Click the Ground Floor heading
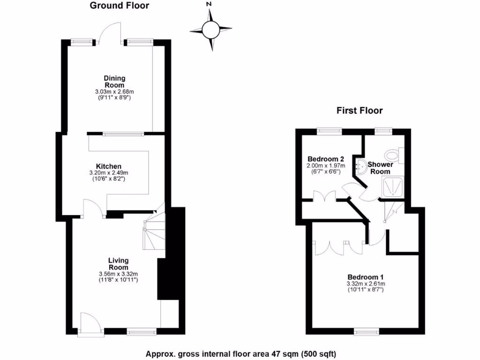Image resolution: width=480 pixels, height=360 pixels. pyautogui.click(x=119, y=6)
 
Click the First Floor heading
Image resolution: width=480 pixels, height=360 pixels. pyautogui.click(x=360, y=111)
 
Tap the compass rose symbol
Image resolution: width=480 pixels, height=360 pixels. pyautogui.click(x=210, y=30)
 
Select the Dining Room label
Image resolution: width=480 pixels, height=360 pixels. pyautogui.click(x=115, y=82)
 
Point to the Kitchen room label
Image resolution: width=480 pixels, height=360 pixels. pyautogui.click(x=109, y=166)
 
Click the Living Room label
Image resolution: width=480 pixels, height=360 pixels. pyautogui.click(x=118, y=263)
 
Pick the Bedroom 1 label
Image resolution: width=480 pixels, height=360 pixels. pyautogui.click(x=366, y=277)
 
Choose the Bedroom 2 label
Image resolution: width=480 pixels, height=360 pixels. pyautogui.click(x=326, y=158)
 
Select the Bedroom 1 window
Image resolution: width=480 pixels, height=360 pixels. pyautogui.click(x=366, y=332)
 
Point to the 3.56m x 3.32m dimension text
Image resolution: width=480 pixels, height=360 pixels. pyautogui.click(x=118, y=274)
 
